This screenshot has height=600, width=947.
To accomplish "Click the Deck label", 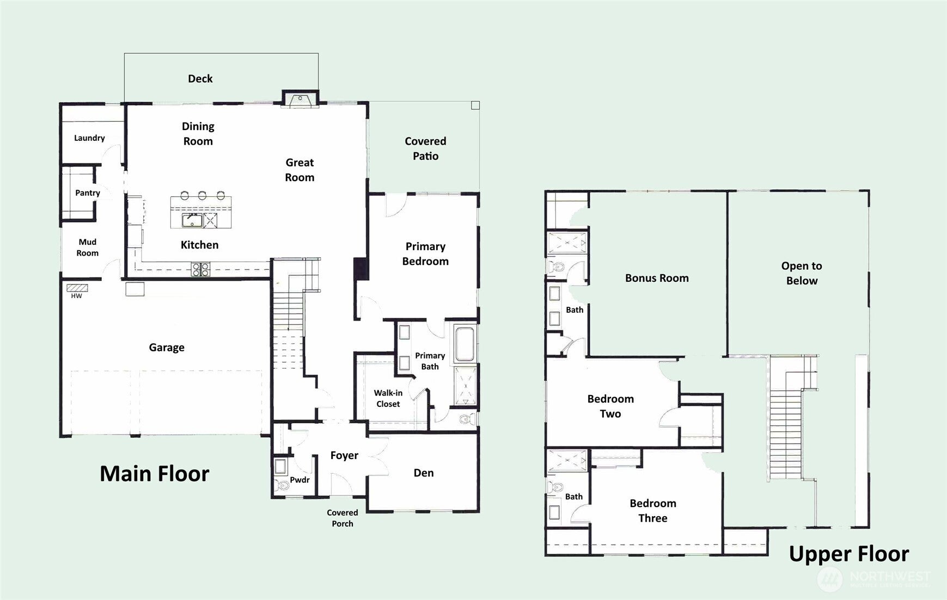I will pos(200,79).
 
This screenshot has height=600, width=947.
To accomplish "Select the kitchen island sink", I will pos(192,220).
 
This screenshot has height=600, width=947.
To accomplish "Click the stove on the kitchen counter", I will pos(200,268).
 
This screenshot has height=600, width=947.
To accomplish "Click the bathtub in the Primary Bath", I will pos(465,344).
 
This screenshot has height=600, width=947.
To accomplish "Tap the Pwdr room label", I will pos(300,480).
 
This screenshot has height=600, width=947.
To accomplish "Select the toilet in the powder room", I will pos(282,484).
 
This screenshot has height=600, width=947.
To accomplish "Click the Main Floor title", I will pos(154,474).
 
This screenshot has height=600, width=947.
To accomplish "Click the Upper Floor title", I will pos(848,554).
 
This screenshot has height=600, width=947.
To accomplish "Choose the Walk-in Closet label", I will pos(388,398).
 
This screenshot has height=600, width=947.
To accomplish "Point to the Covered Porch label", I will pos(342,518).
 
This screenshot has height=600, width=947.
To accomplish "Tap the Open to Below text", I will pos(802,273).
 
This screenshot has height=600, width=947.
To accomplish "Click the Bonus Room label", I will pos(657,278).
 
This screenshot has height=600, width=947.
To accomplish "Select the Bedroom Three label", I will pos(652,510).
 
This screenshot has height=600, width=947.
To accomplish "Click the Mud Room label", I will pos(87,248).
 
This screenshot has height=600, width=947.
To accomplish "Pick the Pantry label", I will pos(87,193).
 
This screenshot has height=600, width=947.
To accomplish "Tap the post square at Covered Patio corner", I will pos(475,106).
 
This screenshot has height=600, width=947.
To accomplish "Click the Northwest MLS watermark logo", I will pos(830,579).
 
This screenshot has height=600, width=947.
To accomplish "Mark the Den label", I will pos(423,473).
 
